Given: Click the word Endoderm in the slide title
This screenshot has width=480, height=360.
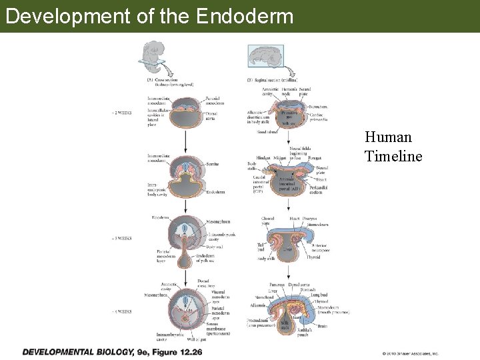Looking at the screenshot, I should coord(245,15).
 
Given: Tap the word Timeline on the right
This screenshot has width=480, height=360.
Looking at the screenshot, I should coord(393,156).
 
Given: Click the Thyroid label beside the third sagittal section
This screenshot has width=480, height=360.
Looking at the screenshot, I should coord(313,257).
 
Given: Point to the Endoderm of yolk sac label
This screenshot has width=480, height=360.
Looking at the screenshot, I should coord(205,259).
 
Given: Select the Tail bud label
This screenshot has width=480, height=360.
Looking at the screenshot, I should coord(261,248).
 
